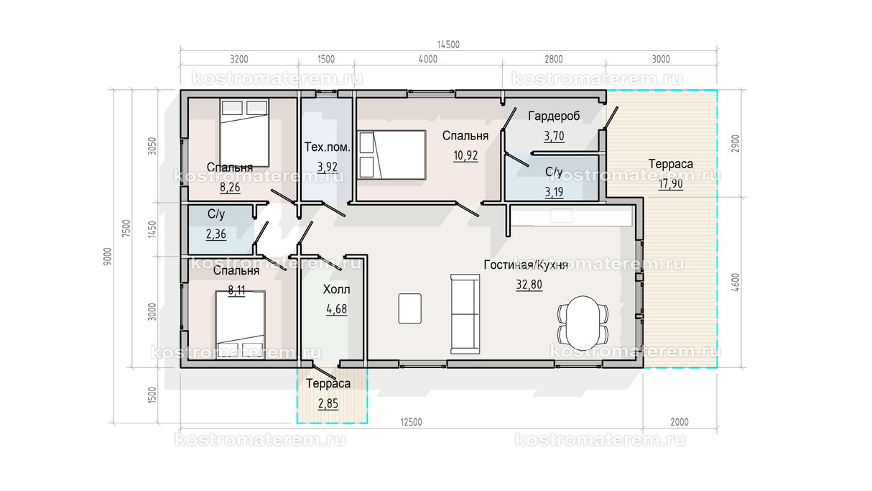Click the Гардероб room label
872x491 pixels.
pyautogui.click(x=554, y=116)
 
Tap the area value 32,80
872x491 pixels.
pyautogui.click(x=529, y=285)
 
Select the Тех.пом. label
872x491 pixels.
pyautogui.click(x=327, y=147)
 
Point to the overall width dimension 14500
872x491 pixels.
pyautogui.click(x=448, y=45)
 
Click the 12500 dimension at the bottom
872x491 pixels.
pyautogui.click(x=411, y=422)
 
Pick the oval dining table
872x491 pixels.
pyautogui.click(x=583, y=323)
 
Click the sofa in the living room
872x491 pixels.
pyautogui.click(x=465, y=314)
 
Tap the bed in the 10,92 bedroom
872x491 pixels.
pyautogui.click(x=391, y=155)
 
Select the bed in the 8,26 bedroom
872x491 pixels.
pyautogui.click(x=244, y=133)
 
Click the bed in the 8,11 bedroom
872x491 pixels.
pyautogui.click(x=240, y=324)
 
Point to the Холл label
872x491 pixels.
pyautogui.click(x=336, y=290)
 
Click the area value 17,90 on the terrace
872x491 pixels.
pyautogui.click(x=671, y=183)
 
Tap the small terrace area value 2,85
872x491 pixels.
pyautogui.click(x=328, y=403)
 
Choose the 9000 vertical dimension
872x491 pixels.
pyautogui.click(x=108, y=257)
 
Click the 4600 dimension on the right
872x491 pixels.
pyautogui.click(x=736, y=282)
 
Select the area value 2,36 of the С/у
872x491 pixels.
pyautogui.click(x=216, y=234)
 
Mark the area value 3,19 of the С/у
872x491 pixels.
pyautogui.click(x=554, y=192)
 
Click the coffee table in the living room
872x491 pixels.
pyautogui.click(x=410, y=308)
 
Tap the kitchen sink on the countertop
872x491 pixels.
pyautogui.click(x=562, y=216)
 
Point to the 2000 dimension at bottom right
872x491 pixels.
pyautogui.click(x=679, y=422)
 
